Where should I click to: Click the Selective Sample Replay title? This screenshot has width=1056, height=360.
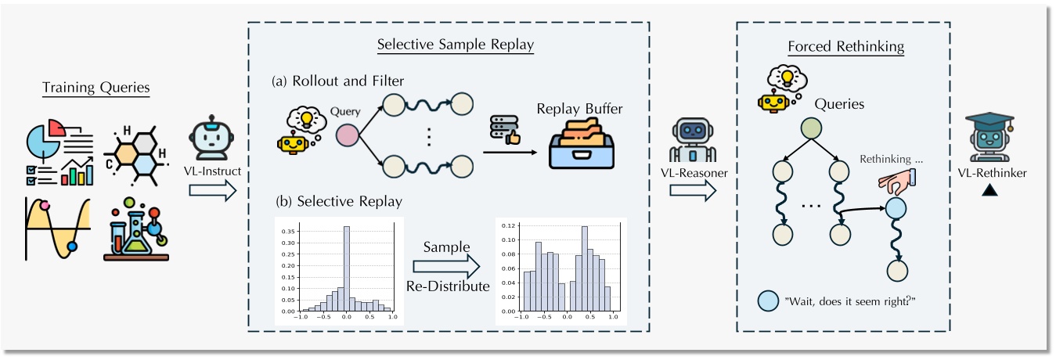point(455,45)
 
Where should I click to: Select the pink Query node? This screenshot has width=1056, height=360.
point(347,136)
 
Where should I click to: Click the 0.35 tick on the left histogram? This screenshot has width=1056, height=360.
point(289,232)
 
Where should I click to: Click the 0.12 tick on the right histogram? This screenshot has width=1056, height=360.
point(510,226)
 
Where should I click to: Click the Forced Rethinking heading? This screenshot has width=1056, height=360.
point(845,46)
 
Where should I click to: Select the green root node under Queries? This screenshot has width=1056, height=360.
point(810,128)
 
